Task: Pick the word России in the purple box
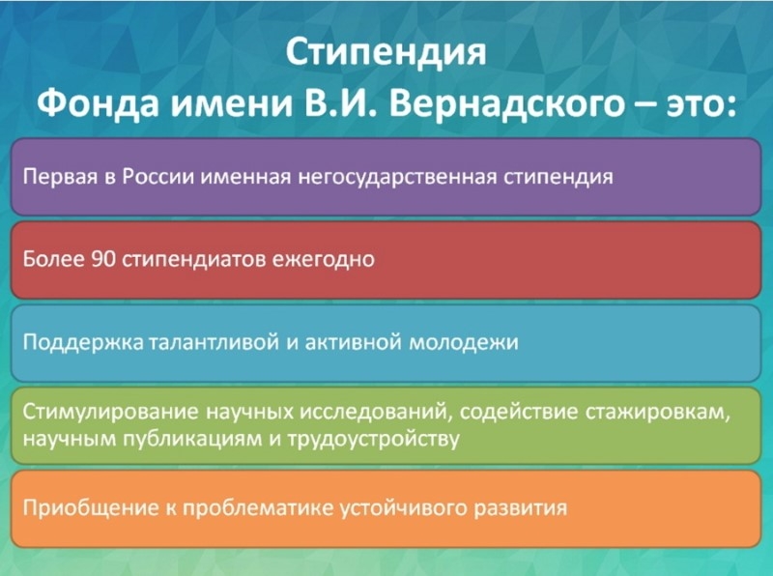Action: [158, 177]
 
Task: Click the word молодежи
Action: [464, 342]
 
